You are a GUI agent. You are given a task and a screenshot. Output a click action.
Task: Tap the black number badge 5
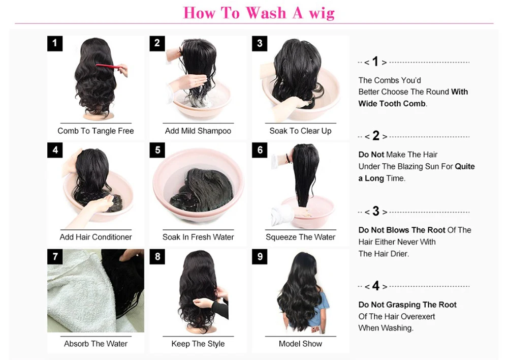[x=157, y=150]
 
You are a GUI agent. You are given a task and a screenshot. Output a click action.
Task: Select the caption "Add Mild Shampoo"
[x=198, y=131]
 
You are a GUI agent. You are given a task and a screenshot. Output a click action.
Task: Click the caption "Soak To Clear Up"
[x=300, y=131]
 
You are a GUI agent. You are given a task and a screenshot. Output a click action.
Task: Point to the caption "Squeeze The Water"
[x=300, y=237]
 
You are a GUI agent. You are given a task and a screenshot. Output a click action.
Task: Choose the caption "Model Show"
[x=300, y=344]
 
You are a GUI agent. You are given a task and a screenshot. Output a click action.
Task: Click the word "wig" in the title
[x=322, y=14]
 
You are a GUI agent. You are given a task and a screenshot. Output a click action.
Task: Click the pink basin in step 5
[x=198, y=185]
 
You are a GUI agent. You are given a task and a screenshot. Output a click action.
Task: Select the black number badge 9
[x=260, y=257]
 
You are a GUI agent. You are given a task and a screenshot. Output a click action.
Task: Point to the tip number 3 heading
[x=375, y=212]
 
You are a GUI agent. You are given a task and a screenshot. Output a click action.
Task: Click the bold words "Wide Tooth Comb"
[x=392, y=104]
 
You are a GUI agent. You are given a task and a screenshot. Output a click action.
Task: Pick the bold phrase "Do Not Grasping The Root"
[x=407, y=305]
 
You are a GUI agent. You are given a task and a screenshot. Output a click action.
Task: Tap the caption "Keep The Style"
[x=198, y=344]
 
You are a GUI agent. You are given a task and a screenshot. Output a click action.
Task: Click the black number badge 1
[x=55, y=43]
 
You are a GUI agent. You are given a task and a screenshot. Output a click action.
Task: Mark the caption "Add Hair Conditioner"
[x=96, y=237]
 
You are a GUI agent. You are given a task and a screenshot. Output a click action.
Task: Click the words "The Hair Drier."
[x=384, y=254]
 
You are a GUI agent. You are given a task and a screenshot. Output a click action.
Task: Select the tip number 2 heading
[x=375, y=136]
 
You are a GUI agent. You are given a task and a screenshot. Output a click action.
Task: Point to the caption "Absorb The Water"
[x=96, y=344]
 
